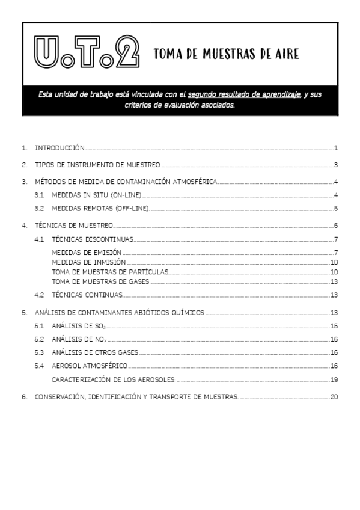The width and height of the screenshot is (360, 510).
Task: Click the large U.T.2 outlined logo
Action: point(87,52)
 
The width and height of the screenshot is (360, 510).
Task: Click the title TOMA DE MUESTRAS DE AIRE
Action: point(226,54)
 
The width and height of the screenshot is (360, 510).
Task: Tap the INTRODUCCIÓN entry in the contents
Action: point(59,148)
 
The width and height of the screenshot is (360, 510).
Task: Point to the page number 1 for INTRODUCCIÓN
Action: point(336,148)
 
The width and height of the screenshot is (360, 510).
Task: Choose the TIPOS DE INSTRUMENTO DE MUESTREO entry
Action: point(97,165)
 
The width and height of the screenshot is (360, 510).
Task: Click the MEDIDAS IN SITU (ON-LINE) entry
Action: point(96,195)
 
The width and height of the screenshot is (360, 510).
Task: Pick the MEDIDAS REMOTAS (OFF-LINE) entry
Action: point(100,209)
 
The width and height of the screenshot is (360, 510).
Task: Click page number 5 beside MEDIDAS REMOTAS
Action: point(336,209)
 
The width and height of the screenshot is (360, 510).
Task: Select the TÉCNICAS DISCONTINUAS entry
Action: point(93,240)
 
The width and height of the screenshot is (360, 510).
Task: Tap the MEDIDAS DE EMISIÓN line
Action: point(87,252)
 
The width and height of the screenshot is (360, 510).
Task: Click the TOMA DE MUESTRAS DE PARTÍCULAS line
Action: point(110,272)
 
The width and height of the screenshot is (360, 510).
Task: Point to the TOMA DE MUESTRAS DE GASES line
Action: point(100,281)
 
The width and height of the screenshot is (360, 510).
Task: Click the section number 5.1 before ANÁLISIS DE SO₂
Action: point(39,325)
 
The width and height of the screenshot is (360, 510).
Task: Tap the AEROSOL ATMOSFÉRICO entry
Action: point(90,366)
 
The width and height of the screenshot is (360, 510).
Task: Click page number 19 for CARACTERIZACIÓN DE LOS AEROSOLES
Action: point(334,379)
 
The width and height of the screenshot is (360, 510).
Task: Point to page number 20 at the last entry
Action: point(334,397)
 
